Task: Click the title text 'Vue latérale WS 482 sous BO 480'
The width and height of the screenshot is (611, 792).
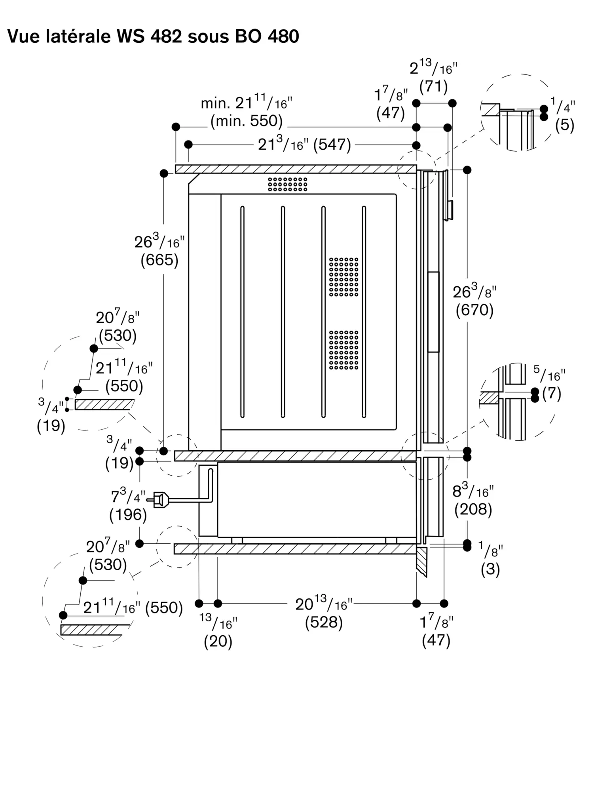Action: [153, 36]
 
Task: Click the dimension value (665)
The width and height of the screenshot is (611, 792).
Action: [159, 260]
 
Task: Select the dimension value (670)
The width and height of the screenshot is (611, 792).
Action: [474, 310]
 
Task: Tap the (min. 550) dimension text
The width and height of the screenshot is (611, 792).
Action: [247, 121]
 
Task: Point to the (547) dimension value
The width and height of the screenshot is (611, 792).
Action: [332, 145]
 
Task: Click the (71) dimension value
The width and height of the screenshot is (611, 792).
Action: [433, 86]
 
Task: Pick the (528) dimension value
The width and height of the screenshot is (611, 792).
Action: [324, 622]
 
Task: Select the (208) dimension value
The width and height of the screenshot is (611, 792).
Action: [473, 509]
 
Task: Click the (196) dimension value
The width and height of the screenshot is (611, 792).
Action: [128, 514]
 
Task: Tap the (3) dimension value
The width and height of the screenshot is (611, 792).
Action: [490, 569]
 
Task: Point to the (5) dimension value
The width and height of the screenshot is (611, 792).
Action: [565, 125]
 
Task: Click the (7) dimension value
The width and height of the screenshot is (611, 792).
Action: [552, 394]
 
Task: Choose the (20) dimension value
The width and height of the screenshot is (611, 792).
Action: [218, 641]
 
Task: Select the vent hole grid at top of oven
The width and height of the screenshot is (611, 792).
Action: [287, 184]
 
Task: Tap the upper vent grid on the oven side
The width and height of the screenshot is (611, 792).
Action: [343, 277]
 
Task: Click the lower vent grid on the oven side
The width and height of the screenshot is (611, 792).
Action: [343, 350]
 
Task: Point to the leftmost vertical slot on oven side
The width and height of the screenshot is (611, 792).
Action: [243, 312]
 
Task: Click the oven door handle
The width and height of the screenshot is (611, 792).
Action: [433, 312]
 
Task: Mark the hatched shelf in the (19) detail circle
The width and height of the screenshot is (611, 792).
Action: [104, 404]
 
